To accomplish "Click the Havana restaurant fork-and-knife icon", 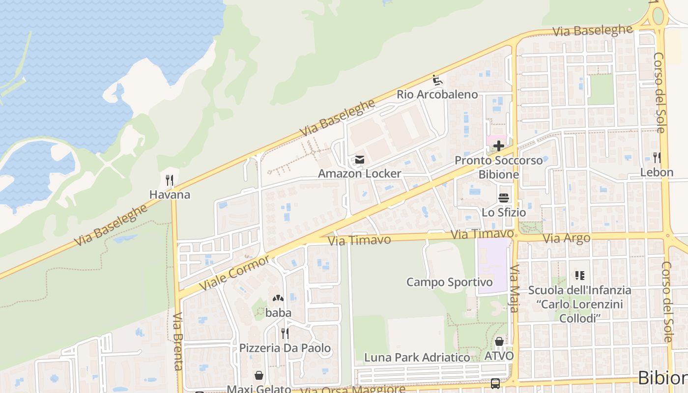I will point(170,180).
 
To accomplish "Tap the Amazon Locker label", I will point(359,173).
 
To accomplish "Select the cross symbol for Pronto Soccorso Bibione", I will point(499,146).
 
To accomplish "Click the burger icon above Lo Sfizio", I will point(503,198).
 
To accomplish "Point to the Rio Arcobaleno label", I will point(437,94).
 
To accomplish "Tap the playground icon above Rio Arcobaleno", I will point(437,80).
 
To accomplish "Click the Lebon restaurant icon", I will point(657,158).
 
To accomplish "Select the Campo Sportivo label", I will point(449,282).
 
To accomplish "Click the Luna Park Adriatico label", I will point(417,357).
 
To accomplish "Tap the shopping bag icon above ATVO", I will point(499,341).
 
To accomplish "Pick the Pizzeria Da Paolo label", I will point(285,348).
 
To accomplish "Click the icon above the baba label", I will point(278,298).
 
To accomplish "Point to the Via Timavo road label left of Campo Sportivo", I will point(359,240).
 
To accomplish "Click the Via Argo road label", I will point(566,238).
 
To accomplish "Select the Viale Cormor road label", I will point(235,273).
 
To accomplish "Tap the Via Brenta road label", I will point(178,341).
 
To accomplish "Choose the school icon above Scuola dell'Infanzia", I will point(579,276).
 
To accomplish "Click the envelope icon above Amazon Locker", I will point(360,159).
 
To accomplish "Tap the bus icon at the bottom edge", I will point(495,384).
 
